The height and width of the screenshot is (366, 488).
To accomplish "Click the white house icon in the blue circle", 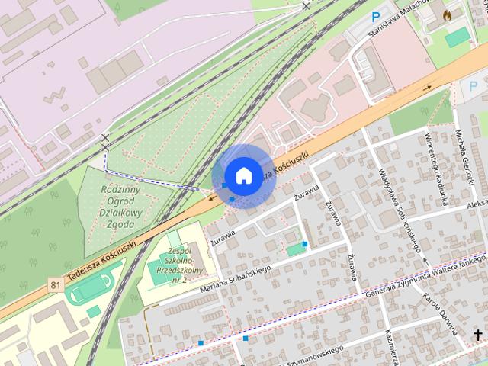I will pos(242,175).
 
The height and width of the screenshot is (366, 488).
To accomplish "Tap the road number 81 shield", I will pos(54,285).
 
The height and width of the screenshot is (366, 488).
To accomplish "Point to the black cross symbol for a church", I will pos(478,335).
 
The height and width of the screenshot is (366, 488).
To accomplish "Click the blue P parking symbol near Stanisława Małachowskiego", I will pos(375,16).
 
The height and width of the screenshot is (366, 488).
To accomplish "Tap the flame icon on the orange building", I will pos(447,14).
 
